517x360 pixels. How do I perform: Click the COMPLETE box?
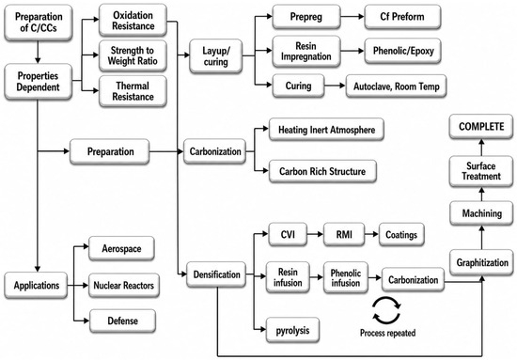(481, 127)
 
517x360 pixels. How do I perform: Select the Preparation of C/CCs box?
(39, 23)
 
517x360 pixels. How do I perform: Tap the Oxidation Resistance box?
(133, 21)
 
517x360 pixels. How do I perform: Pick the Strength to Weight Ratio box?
(133, 55)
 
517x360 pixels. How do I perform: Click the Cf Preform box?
(402, 17)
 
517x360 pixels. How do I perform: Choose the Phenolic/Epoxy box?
(402, 51)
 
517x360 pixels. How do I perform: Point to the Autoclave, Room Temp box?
(396, 86)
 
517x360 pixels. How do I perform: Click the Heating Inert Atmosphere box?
(326, 130)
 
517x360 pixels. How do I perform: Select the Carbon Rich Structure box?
(322, 171)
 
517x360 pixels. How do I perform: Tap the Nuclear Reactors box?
(124, 285)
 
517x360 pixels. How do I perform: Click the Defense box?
(122, 321)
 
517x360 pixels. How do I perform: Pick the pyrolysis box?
(292, 330)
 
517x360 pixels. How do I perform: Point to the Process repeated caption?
(387, 333)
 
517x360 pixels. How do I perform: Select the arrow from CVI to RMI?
(315, 234)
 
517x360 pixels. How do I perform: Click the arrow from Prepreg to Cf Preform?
(352, 17)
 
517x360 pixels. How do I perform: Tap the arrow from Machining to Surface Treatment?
(481, 195)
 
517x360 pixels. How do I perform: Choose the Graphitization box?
(481, 262)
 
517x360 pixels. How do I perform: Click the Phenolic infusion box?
(346, 277)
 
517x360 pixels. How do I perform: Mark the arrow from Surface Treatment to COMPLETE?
(481, 148)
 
